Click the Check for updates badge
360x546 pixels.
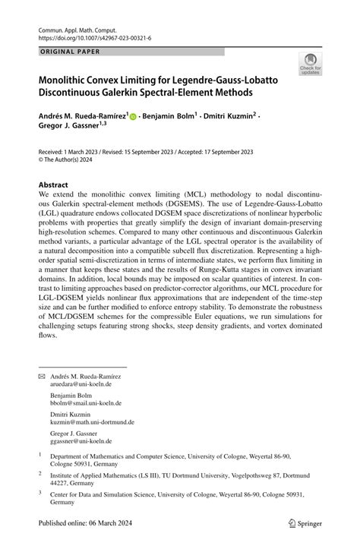click(x=310, y=65)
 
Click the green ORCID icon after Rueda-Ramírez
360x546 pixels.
click(x=134, y=117)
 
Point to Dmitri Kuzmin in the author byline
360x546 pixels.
click(x=230, y=116)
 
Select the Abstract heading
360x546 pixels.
click(x=53, y=185)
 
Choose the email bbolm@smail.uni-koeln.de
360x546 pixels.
click(x=86, y=403)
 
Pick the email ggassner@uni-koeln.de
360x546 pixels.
click(x=81, y=440)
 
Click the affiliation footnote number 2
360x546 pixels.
click(x=39, y=473)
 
